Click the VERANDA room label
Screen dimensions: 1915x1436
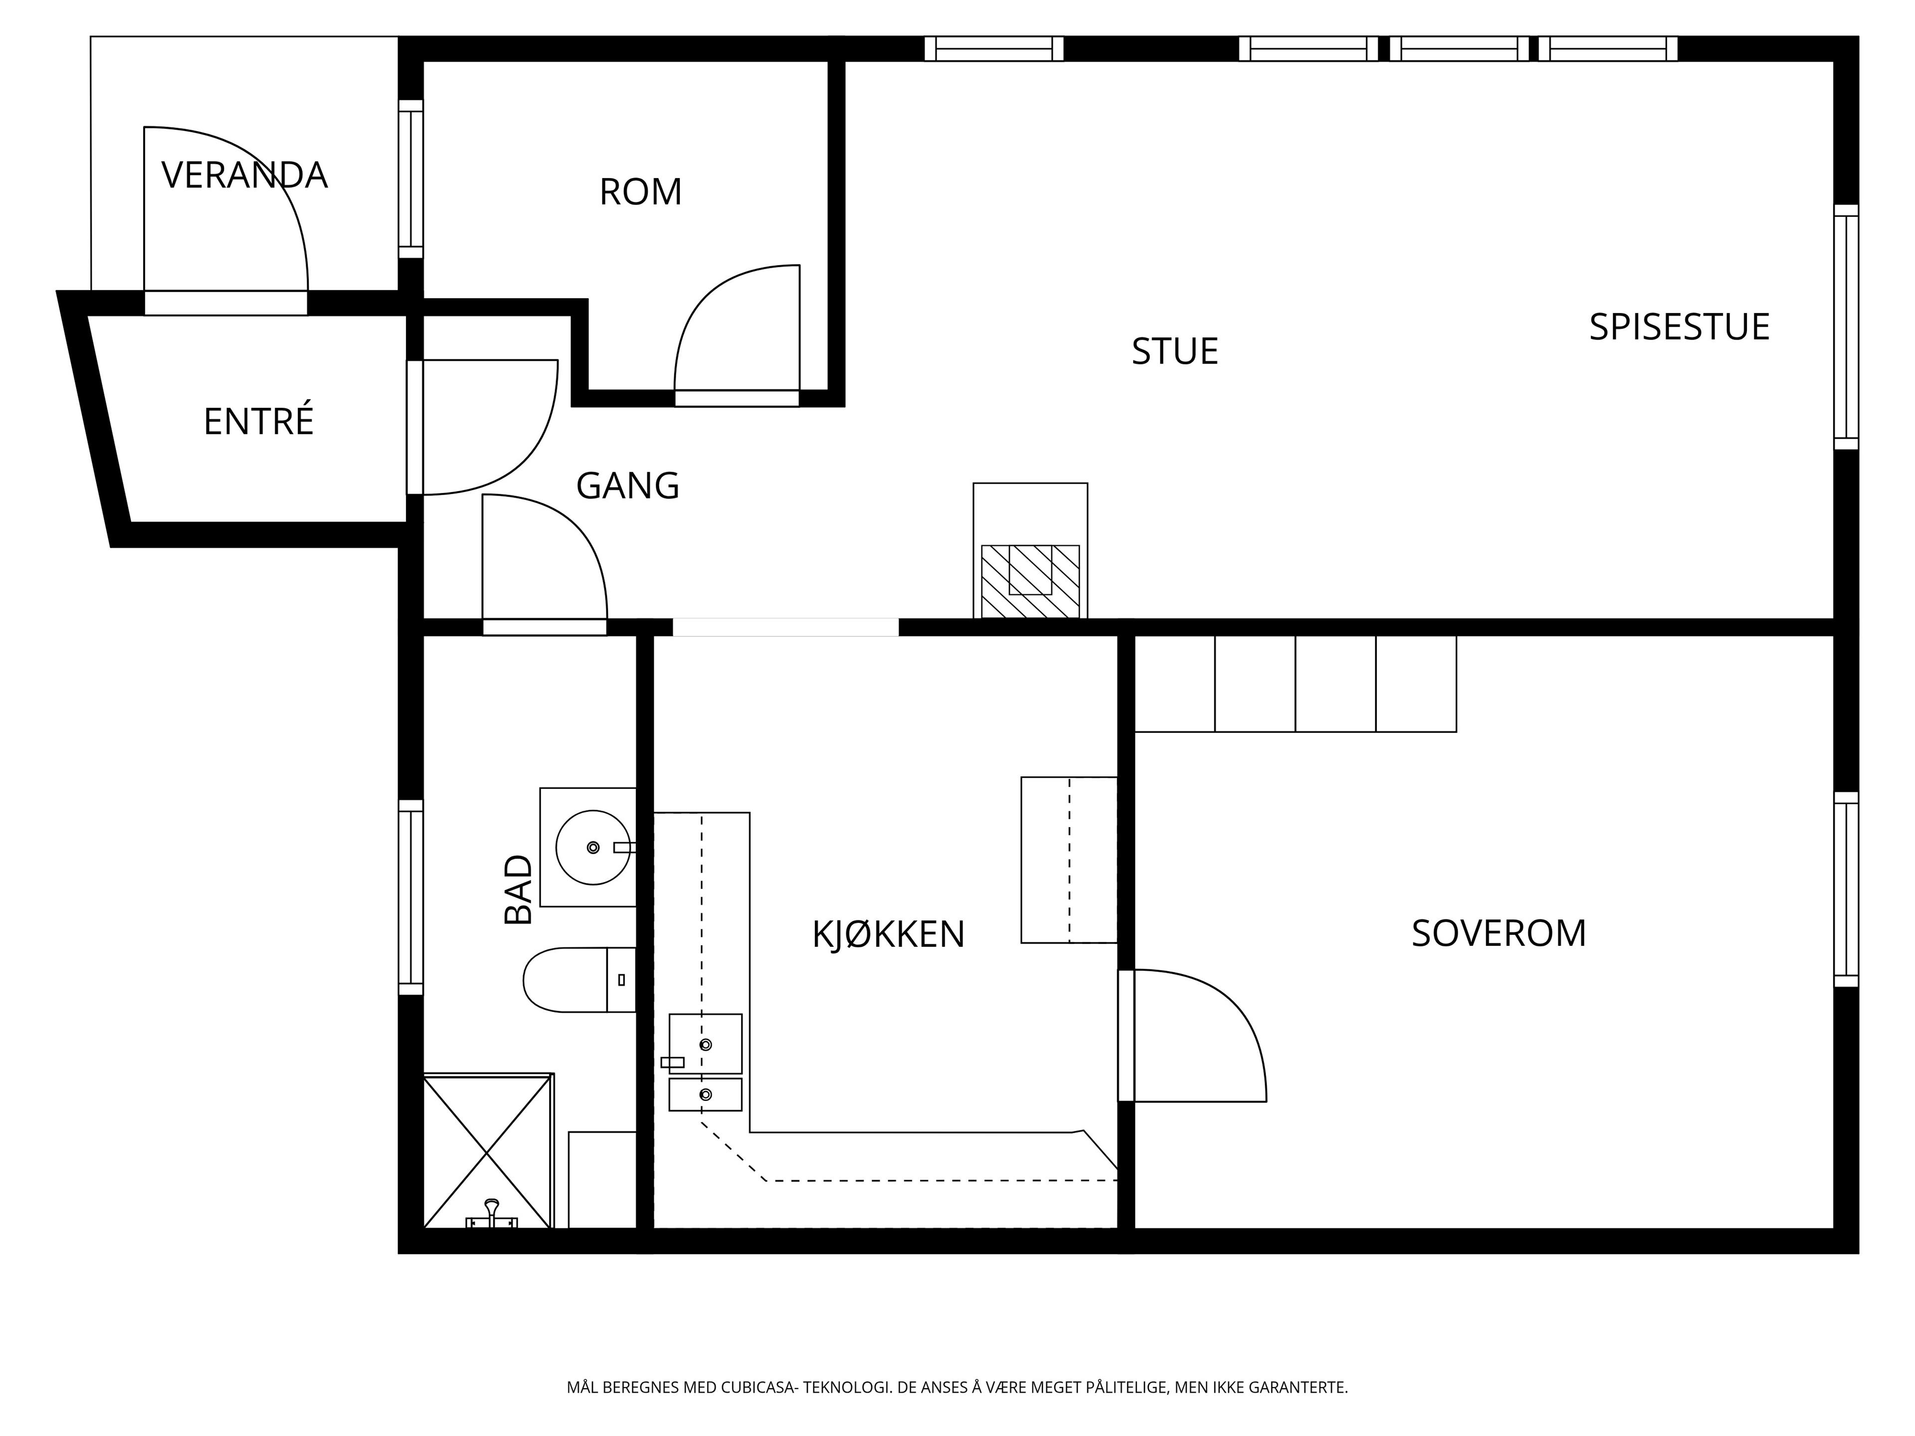(x=244, y=176)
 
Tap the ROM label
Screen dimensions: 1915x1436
(x=641, y=192)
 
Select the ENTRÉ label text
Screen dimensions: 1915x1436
(x=258, y=421)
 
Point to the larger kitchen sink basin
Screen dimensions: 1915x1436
(x=706, y=1044)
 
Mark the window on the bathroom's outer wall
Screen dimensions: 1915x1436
(x=410, y=897)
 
